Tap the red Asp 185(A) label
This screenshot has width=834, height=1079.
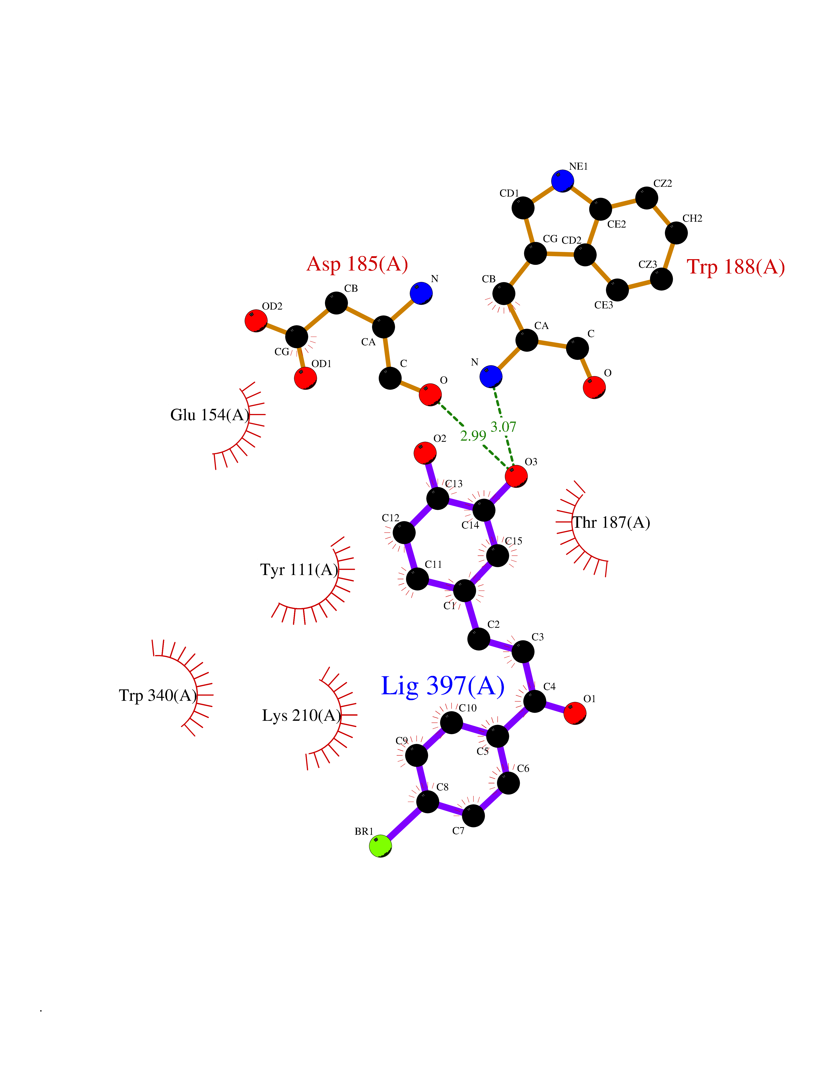tap(357, 264)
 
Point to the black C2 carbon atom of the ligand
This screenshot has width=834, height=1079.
tap(478, 639)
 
